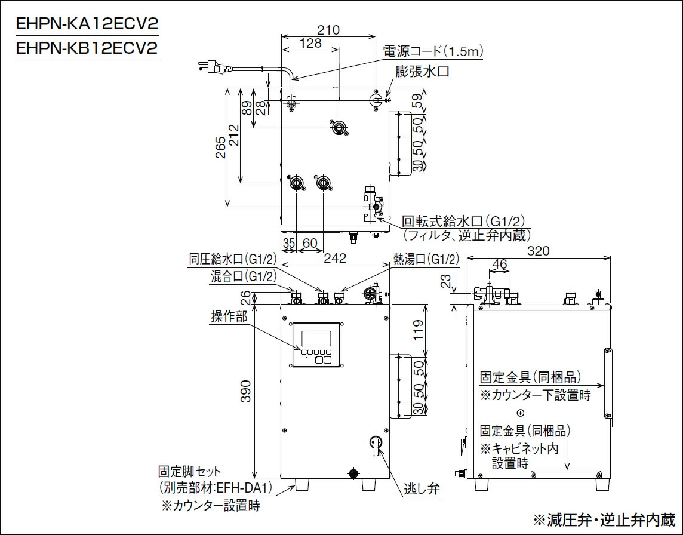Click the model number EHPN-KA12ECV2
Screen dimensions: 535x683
(x=87, y=25)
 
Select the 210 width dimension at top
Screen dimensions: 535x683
(x=328, y=30)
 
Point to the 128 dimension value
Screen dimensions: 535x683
(x=310, y=43)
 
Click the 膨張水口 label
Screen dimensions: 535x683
(x=422, y=71)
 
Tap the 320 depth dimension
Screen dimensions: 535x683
(x=540, y=251)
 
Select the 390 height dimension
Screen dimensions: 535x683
(x=245, y=391)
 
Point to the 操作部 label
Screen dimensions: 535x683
(x=229, y=316)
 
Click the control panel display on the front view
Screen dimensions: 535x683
(x=316, y=339)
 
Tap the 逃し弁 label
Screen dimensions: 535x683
(x=422, y=489)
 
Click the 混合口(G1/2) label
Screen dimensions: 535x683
(x=244, y=276)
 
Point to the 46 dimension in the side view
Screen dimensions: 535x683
(x=499, y=263)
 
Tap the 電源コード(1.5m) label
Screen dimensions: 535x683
(x=434, y=52)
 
